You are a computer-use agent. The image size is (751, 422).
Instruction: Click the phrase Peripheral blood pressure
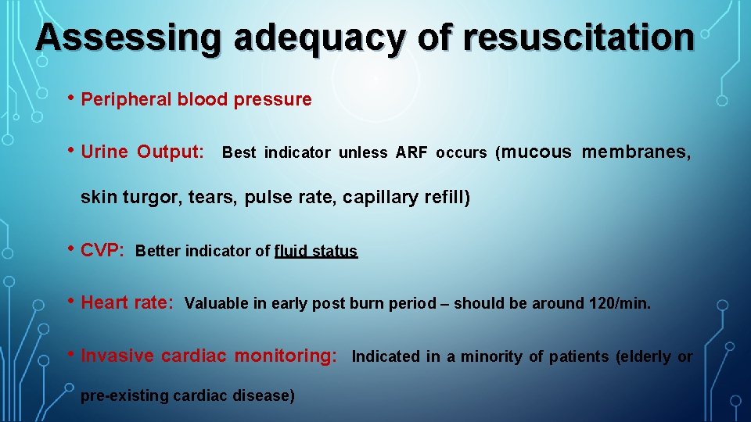pyautogui.click(x=196, y=100)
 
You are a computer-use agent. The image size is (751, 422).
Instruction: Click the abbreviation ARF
pyautogui.click(x=411, y=152)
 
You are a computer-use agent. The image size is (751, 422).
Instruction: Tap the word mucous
pyautogui.click(x=536, y=152)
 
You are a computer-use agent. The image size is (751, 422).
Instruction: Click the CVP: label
pyautogui.click(x=102, y=251)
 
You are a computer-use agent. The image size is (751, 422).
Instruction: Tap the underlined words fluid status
pyautogui.click(x=316, y=252)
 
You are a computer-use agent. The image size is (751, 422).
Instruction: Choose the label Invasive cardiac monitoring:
pyautogui.click(x=209, y=356)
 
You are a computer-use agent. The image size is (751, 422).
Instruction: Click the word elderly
pyautogui.click(x=645, y=357)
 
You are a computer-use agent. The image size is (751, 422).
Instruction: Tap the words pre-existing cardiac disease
pyautogui.click(x=188, y=395)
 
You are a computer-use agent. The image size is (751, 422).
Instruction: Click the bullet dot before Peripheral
pyautogui.click(x=71, y=98)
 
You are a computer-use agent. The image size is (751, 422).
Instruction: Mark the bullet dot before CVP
pyautogui.click(x=71, y=250)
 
